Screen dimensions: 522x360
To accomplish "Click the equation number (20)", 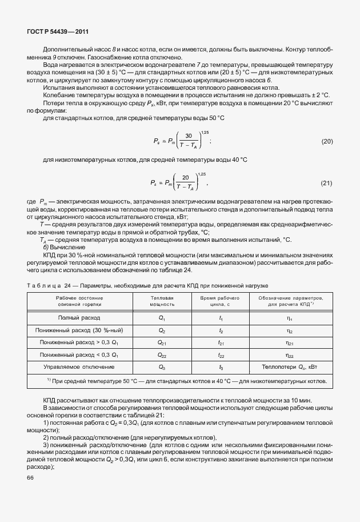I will pos(326,141).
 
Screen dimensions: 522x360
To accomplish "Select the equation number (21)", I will pos(326,183).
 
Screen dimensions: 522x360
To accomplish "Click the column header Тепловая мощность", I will pos(162,301).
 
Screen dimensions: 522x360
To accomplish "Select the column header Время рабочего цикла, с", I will pos(220,301).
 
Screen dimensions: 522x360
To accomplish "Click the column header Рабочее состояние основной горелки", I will pos(79,301).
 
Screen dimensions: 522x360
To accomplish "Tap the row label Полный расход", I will pos(79,317).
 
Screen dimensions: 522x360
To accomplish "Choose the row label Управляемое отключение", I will pos(79,368).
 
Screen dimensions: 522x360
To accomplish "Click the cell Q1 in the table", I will pos(162,318).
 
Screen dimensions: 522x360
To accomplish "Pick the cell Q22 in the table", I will pos(162,356).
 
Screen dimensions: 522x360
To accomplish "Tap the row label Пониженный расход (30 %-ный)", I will pos(79,330).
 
